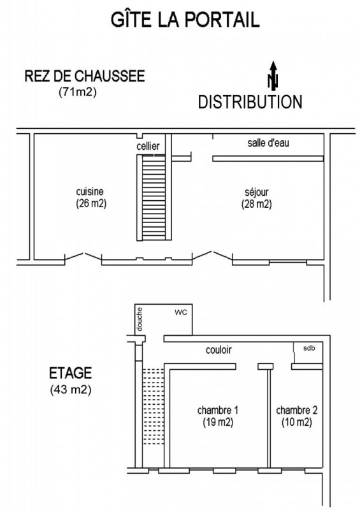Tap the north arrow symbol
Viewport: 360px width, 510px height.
(273, 76)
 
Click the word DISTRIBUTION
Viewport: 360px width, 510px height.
(250, 102)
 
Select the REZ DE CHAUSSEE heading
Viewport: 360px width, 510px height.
(85, 76)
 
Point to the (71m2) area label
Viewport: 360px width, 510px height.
(77, 92)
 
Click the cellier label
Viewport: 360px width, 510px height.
(148, 146)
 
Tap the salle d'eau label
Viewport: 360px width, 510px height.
(268, 143)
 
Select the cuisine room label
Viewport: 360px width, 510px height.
(90, 192)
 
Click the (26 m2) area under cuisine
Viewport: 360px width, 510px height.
(91, 203)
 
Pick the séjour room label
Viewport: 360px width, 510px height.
(257, 192)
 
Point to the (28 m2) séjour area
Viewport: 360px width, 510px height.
(257, 204)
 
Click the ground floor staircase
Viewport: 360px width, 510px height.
(154, 198)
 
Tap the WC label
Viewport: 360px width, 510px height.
(181, 312)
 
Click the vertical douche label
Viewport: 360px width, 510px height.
(140, 319)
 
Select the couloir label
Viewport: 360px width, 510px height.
(219, 350)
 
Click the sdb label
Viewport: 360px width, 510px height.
(309, 348)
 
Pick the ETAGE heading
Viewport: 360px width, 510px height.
(70, 373)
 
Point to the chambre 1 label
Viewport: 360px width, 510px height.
(217, 411)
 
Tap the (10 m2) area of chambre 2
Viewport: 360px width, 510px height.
(296, 423)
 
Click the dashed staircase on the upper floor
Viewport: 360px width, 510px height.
(153, 407)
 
